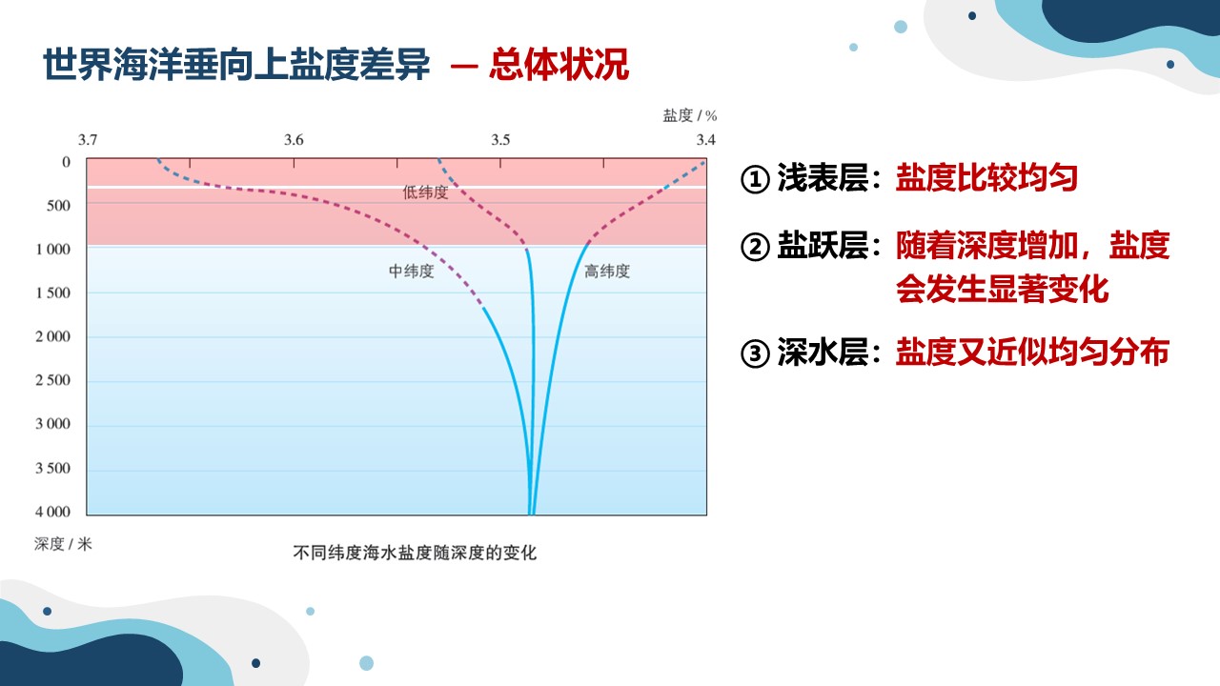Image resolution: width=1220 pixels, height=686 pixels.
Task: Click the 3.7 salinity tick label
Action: click(87, 140)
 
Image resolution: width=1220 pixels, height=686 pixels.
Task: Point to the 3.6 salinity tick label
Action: click(294, 140)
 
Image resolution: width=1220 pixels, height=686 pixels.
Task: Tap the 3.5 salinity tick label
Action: click(500, 140)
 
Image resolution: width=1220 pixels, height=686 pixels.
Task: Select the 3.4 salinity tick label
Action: click(706, 140)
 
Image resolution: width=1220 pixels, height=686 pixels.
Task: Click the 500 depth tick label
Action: click(58, 206)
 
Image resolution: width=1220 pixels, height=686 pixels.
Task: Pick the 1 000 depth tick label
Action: click(52, 250)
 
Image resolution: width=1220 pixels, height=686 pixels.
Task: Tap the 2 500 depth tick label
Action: click(52, 380)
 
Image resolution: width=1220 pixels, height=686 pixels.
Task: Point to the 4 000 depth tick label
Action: click(52, 512)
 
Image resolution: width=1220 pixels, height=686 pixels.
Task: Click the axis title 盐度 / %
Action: click(689, 115)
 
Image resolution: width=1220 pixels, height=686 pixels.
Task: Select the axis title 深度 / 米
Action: click(63, 543)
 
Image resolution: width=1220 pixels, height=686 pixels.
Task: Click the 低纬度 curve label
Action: click(425, 192)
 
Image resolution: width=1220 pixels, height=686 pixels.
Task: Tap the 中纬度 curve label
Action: click(411, 272)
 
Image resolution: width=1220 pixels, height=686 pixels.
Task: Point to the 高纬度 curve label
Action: click(607, 272)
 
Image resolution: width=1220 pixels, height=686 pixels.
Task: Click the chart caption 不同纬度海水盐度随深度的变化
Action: click(415, 554)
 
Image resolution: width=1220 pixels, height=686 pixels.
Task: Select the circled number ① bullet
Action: click(755, 179)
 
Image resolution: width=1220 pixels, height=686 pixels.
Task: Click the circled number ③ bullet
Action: click(755, 353)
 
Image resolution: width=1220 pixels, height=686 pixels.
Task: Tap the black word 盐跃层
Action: click(823, 246)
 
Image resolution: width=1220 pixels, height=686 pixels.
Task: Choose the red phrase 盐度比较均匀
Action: click(986, 177)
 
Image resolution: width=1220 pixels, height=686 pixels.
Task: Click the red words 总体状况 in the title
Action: click(559, 65)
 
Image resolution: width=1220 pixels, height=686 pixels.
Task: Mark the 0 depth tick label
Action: click(66, 162)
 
